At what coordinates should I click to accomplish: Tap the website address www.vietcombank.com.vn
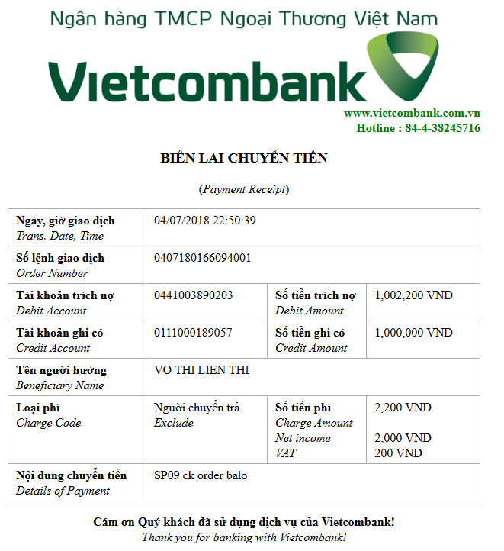pyautogui.click(x=411, y=113)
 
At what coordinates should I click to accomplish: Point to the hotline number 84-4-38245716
pyautogui.click(x=442, y=128)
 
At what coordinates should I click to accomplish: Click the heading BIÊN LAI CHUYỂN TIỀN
pyautogui.click(x=244, y=158)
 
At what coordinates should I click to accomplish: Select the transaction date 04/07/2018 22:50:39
pyautogui.click(x=205, y=221)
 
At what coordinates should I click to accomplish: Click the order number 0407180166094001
pyautogui.click(x=203, y=258)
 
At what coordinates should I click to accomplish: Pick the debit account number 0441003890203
pyautogui.click(x=194, y=295)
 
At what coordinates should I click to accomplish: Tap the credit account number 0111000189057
pyautogui.click(x=194, y=333)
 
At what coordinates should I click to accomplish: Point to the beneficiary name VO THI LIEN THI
pyautogui.click(x=201, y=370)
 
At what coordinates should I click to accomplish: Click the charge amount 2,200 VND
pyautogui.click(x=403, y=408)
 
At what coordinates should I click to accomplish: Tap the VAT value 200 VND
pyautogui.click(x=398, y=453)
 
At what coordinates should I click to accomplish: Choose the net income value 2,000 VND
pyautogui.click(x=403, y=438)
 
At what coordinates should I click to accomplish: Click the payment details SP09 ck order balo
pyautogui.click(x=201, y=475)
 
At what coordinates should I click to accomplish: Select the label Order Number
pyautogui.click(x=52, y=273)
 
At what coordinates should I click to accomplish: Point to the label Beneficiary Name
pyautogui.click(x=60, y=385)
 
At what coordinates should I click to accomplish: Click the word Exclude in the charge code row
pyautogui.click(x=174, y=423)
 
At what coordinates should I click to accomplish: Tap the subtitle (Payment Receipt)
pyautogui.click(x=244, y=189)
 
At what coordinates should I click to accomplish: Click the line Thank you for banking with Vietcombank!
pyautogui.click(x=244, y=537)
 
